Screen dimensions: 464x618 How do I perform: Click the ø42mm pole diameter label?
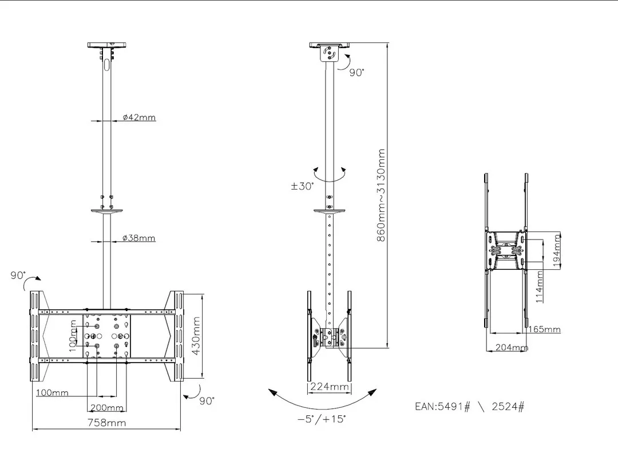click(x=139, y=117)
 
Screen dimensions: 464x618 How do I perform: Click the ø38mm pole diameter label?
click(x=139, y=238)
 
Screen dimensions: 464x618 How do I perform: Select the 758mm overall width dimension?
click(x=106, y=423)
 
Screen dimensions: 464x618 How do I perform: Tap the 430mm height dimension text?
click(x=196, y=336)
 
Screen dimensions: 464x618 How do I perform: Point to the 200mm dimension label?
click(x=106, y=408)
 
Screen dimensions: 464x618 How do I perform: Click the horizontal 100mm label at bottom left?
click(x=51, y=393)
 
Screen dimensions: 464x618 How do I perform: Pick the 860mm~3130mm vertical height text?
click(x=381, y=195)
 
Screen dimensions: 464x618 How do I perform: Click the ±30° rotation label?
click(x=303, y=186)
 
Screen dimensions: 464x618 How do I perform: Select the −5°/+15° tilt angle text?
click(x=322, y=419)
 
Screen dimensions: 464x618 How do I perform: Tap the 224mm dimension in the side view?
click(x=329, y=387)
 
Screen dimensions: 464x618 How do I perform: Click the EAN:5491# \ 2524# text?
click(x=470, y=407)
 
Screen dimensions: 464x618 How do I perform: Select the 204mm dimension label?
click(x=511, y=348)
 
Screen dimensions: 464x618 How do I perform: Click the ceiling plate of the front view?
click(x=109, y=45)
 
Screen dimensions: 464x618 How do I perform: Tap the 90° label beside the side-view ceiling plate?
click(x=357, y=73)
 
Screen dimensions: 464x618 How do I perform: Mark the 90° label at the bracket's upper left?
click(x=17, y=275)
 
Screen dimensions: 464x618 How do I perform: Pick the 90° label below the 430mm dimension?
click(x=207, y=401)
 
